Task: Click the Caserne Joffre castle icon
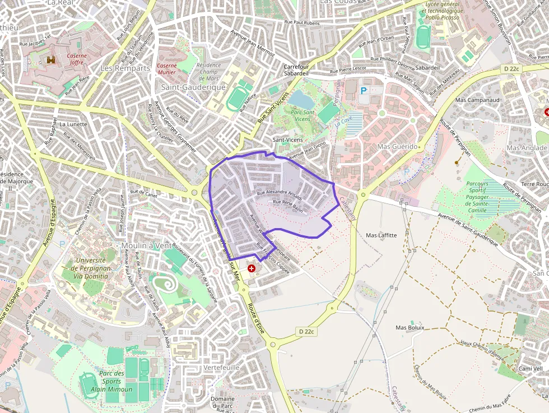click(x=52, y=59)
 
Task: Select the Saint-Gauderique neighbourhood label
click(x=193, y=87)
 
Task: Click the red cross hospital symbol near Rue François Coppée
click(x=252, y=269)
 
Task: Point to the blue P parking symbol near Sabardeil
click(x=364, y=90)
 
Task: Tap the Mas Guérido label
click(x=398, y=146)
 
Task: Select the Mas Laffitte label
click(x=381, y=235)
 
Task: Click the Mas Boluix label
click(x=410, y=327)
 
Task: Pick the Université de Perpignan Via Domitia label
click(x=90, y=268)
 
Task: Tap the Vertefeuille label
click(x=222, y=367)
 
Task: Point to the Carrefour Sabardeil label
click(x=296, y=69)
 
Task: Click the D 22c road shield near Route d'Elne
click(x=307, y=332)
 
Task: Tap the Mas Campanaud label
click(x=477, y=100)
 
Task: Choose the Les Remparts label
click(x=125, y=68)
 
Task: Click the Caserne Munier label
click(x=166, y=69)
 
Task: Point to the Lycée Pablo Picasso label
click(x=442, y=11)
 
